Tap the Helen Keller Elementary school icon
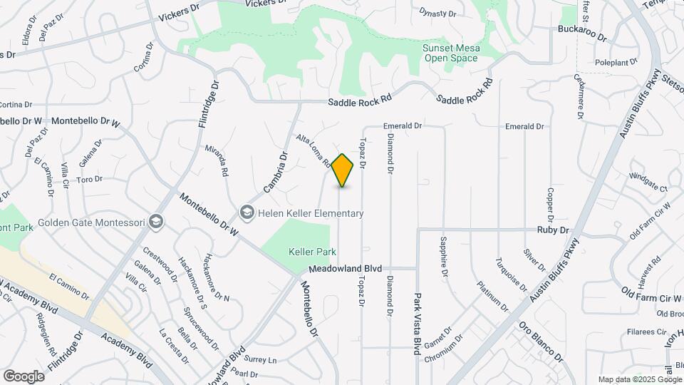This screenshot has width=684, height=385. pyautogui.click(x=247, y=213)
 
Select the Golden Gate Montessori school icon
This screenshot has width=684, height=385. pyautogui.click(x=156, y=222)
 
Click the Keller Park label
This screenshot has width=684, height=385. pyautogui.click(x=307, y=252)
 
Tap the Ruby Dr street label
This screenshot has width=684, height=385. pyautogui.click(x=554, y=230)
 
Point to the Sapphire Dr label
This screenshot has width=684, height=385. pyautogui.click(x=443, y=256)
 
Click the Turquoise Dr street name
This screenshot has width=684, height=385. pyautogui.click(x=512, y=277)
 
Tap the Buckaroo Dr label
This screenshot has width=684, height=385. pyautogui.click(x=581, y=36)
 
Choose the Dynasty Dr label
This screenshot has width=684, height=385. pyautogui.click(x=437, y=13)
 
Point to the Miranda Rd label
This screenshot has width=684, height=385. pyautogui.click(x=222, y=162)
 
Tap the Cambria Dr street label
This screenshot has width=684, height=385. pyautogui.click(x=274, y=172)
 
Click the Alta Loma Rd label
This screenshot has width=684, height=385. pyautogui.click(x=313, y=151)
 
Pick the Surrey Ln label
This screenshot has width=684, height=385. pyautogui.click(x=261, y=360)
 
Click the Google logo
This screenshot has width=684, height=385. pyautogui.click(x=24, y=376)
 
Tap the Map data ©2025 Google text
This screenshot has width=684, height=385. pyautogui.click(x=639, y=379)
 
